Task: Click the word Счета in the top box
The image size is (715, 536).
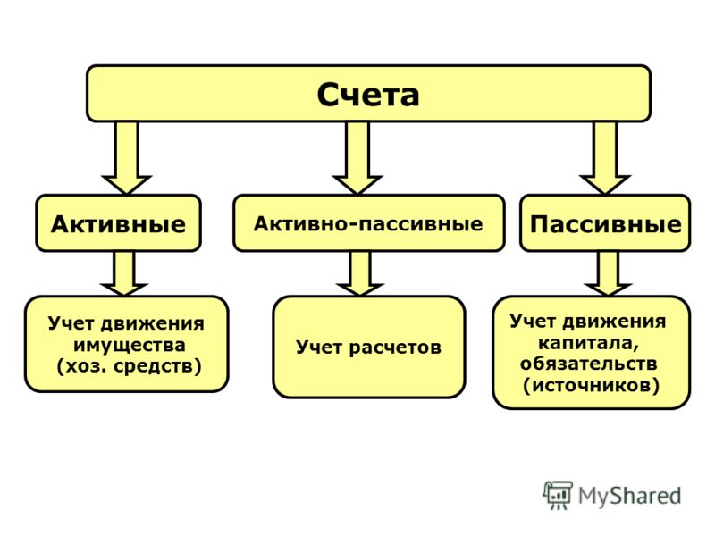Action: point(368,95)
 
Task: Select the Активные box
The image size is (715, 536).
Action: point(119,223)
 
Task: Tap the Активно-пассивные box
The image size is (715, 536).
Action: point(369,223)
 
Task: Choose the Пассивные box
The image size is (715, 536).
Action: point(605,223)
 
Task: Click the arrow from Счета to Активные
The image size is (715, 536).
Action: point(126,158)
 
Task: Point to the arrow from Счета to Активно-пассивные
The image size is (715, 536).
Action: point(357,158)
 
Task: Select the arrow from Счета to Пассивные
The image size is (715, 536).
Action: point(605,158)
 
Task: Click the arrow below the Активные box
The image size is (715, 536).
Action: point(124,273)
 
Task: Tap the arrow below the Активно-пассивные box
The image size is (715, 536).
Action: point(360,273)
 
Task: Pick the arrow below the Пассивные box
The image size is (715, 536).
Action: point(608,273)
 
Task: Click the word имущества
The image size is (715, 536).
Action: point(130,346)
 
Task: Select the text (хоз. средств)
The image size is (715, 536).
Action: point(129,366)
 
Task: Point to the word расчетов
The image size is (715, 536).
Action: point(395,348)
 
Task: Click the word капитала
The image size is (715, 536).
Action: point(588,343)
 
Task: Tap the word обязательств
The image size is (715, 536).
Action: point(589,364)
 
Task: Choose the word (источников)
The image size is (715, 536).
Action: point(591,386)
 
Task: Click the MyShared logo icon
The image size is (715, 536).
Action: point(557,495)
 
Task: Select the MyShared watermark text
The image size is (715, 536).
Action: point(630,496)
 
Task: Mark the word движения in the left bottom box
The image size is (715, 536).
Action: point(152,324)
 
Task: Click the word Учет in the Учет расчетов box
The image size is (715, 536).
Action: point(319,348)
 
